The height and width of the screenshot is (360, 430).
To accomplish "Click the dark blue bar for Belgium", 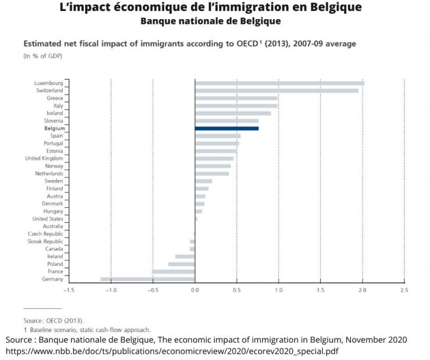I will [x=227, y=128].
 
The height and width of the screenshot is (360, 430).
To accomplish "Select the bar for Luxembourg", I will [x=279, y=83].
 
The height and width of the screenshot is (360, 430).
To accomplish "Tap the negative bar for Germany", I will [x=148, y=279].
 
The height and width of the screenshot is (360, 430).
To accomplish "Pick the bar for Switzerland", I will [x=276, y=91].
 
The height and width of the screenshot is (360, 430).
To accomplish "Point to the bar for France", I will [x=173, y=272].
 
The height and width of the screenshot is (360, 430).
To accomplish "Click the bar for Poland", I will [x=181, y=264].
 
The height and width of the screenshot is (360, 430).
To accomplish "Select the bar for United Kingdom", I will [x=214, y=159].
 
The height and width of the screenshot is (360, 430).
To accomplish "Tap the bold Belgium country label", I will [x=53, y=128].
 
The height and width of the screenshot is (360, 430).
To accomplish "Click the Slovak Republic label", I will [x=45, y=242].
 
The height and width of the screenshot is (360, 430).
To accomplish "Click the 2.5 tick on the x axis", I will [x=404, y=289].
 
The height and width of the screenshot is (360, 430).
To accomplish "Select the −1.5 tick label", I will [x=68, y=289].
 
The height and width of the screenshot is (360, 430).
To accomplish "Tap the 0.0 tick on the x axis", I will [x=195, y=289].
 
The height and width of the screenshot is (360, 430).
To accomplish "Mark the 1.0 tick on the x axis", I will [x=278, y=289].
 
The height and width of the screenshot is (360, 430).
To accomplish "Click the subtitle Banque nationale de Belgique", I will [x=211, y=21].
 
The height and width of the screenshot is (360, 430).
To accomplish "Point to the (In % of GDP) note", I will [x=42, y=56].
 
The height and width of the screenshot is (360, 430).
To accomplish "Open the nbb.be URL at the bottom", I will [x=173, y=351].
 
